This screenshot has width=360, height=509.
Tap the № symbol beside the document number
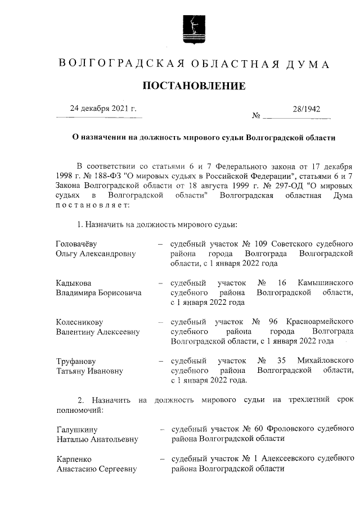coord(257,117)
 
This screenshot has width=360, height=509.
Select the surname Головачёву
coord(80,244)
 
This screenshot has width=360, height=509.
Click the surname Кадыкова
coord(73,282)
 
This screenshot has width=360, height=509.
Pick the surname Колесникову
coord(79,322)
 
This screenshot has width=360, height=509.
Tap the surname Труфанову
coord(76,361)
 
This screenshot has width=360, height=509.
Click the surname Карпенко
coord(74,458)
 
